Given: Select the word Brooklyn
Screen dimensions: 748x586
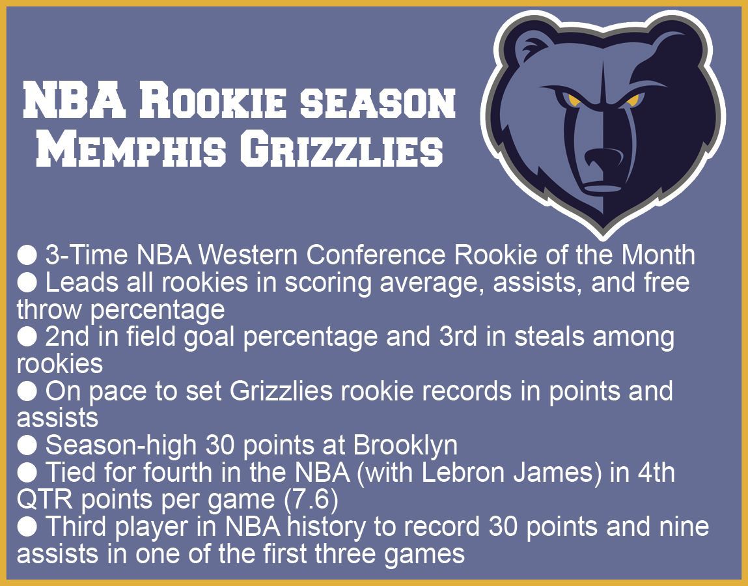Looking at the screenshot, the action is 406,446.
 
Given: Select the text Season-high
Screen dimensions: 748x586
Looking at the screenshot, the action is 120,446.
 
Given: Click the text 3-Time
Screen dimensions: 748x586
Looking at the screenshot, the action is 87,255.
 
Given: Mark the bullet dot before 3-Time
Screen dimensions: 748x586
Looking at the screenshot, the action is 27,255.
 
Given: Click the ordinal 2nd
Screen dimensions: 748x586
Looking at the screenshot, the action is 67,336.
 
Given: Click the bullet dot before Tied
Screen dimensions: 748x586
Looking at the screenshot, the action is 27,473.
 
